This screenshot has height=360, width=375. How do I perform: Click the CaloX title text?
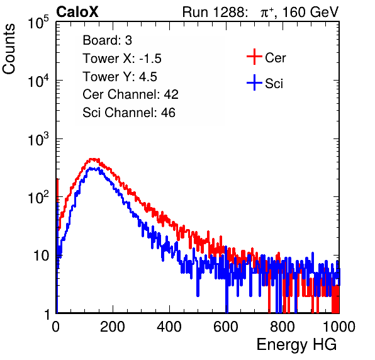77,12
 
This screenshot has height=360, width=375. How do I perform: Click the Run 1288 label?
214,12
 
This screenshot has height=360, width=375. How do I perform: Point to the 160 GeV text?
311,12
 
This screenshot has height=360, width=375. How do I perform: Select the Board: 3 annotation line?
107,40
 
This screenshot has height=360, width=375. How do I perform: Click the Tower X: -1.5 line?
122,59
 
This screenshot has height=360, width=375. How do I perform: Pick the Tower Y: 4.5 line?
120,77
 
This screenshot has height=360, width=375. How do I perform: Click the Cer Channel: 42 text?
131,94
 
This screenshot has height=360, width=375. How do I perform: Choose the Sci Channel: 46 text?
129,113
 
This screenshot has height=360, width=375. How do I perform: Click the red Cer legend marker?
254,57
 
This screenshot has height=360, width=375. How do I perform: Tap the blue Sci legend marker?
254,83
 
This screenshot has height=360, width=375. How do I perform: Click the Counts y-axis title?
9,49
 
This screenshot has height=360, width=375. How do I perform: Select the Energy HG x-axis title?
296,345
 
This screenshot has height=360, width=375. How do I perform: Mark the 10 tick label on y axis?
41,256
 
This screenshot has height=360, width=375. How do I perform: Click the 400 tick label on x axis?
169,327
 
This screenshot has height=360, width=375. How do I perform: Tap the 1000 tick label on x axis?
339,327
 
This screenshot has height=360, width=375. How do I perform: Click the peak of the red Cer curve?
92,159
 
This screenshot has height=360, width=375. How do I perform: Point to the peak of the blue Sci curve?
92,169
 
